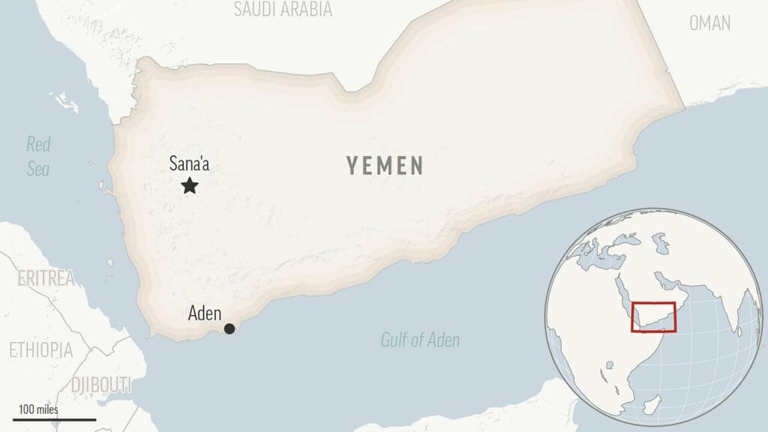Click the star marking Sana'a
click(x=190, y=185)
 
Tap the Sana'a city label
click(x=189, y=162)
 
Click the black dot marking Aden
click(x=229, y=328)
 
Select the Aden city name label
click(x=204, y=313)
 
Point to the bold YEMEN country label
click(x=385, y=166)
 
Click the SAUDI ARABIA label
click(x=283, y=10)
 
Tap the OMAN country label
click(x=709, y=23)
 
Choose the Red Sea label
click(x=38, y=156)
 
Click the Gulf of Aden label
click(x=420, y=340)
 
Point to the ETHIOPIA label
click(x=40, y=349)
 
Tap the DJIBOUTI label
click(x=100, y=385)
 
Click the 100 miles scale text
click(x=38, y=409)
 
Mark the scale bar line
click(x=54, y=419)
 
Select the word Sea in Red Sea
click(x=38, y=169)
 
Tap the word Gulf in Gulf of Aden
click(x=395, y=340)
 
